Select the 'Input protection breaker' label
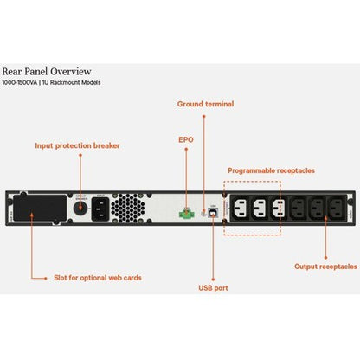[x=78, y=145]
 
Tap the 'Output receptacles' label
[x=325, y=267]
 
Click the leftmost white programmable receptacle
[x=237, y=208]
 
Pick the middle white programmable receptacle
[x=257, y=208]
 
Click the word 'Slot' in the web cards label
[x=38, y=277]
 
